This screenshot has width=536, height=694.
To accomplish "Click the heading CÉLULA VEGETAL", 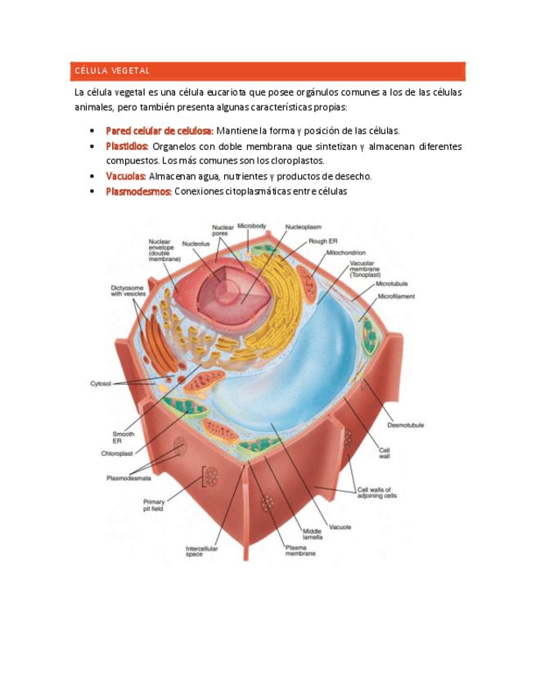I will (112, 70).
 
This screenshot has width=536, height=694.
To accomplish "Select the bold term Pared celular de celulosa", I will (160, 130).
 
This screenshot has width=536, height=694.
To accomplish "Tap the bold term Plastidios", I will (127, 146).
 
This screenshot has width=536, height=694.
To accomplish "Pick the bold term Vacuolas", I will (126, 176).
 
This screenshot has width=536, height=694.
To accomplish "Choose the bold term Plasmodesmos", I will (138, 192).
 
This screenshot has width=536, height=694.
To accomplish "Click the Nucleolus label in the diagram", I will (196, 243).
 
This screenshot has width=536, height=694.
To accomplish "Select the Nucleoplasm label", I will (303, 227).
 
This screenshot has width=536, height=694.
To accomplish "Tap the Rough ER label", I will (322, 241).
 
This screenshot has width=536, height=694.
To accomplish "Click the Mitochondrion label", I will (346, 253).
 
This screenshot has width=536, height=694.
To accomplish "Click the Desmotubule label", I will (405, 425).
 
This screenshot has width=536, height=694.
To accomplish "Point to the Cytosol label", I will (101, 383).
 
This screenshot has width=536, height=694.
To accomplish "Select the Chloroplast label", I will (116, 453).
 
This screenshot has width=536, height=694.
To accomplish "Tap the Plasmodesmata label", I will (126, 478).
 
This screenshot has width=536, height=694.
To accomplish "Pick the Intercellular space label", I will (201, 551).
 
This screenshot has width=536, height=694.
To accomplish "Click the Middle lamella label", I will (313, 534).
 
